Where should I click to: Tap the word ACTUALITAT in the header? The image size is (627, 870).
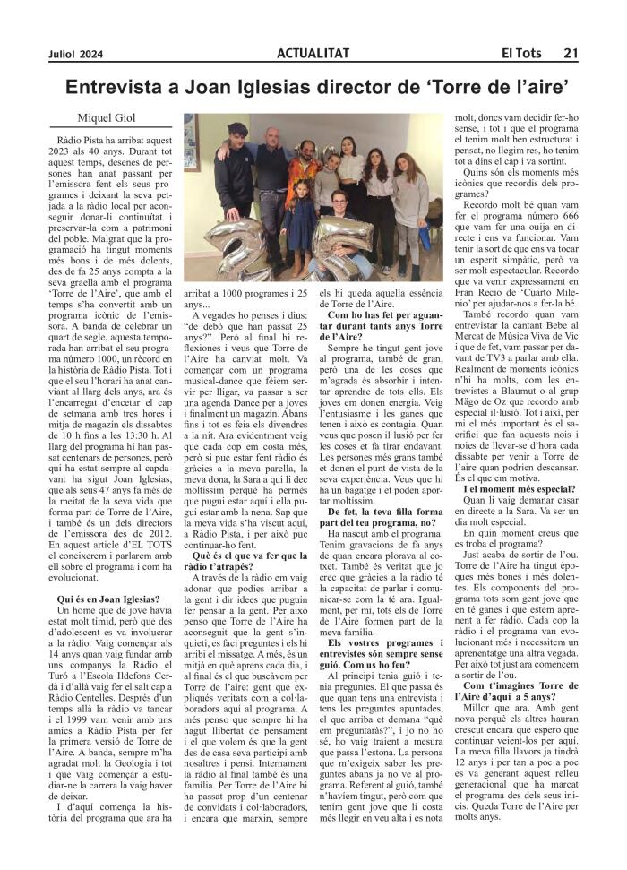coord(313,54)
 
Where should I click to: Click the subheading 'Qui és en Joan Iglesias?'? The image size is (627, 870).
coord(108,598)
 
